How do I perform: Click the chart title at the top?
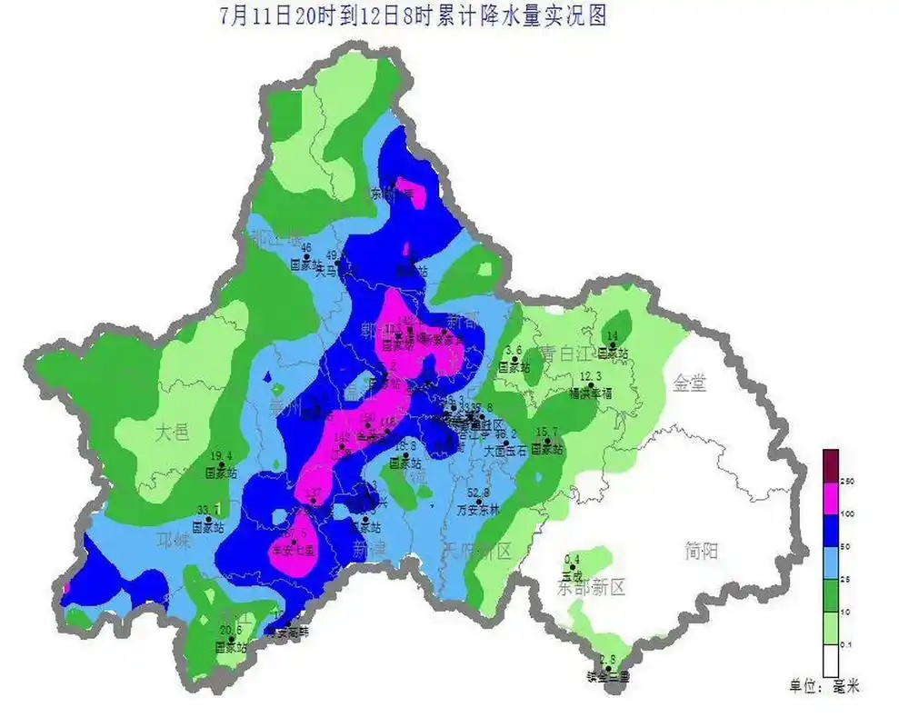click(414, 15)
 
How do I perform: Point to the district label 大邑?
click(172, 432)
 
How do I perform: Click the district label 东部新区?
click(592, 587)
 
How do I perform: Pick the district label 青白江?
click(564, 352)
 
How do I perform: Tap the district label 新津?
click(371, 549)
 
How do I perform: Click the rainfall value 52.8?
click(478, 493)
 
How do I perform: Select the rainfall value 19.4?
click(222, 456)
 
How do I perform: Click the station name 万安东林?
click(478, 510)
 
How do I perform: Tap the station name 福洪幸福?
click(592, 393)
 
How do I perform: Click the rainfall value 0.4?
click(573, 559)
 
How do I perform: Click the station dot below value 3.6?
click(514, 359)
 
